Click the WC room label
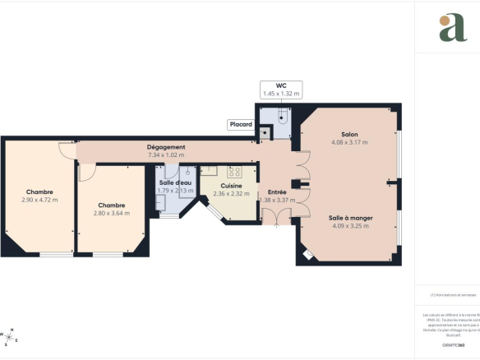click(281, 85)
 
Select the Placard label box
click(241, 125)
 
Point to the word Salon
click(349, 134)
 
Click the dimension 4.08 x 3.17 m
click(349, 142)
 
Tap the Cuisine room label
click(230, 186)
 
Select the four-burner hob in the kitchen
click(233, 172)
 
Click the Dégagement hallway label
click(166, 147)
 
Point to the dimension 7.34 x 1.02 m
click(166, 155)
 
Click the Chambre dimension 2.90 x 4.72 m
click(39, 200)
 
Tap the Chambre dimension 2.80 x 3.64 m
click(112, 213)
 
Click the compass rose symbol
click(12, 335)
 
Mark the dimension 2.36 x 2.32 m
click(230, 194)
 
